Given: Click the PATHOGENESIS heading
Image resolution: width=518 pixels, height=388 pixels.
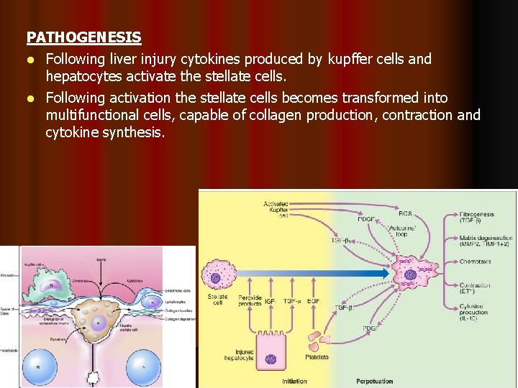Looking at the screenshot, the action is coord(83,37).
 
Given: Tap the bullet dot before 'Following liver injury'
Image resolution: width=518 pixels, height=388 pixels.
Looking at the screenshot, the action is coord(31,59).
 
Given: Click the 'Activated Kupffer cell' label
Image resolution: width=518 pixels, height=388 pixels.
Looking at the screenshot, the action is coord(277,209).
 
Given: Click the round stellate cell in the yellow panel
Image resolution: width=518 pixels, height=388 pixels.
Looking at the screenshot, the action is coord(215,276).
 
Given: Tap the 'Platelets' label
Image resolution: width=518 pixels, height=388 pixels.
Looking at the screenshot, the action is coord(316,356).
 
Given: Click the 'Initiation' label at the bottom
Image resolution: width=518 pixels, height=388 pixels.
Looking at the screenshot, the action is coord(294,381).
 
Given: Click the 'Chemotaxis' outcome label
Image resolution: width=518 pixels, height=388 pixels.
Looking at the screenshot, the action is coord(476,262).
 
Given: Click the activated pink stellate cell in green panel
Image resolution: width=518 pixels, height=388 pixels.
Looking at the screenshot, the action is coord(410,274).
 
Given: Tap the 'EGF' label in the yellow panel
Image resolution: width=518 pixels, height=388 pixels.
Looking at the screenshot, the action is coord(314,300).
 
